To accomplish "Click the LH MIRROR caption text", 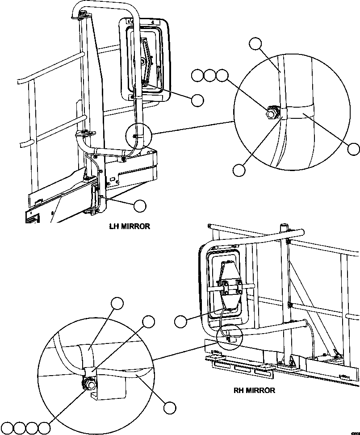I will click(x=130, y=226).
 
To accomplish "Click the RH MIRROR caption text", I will click(x=254, y=390).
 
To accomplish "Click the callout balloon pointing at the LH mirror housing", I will click(x=197, y=100).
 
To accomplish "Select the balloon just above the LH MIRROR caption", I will click(x=140, y=205).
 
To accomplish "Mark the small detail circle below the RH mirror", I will click(x=229, y=335).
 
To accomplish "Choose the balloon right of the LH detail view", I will click(x=354, y=149).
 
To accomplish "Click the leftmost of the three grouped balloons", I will click(x=197, y=76).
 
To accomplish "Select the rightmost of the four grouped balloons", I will click(x=45, y=428).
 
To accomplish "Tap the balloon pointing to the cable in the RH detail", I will click(x=169, y=407).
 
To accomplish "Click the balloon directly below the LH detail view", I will click(x=239, y=170).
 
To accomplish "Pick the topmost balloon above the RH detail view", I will click(x=117, y=303).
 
